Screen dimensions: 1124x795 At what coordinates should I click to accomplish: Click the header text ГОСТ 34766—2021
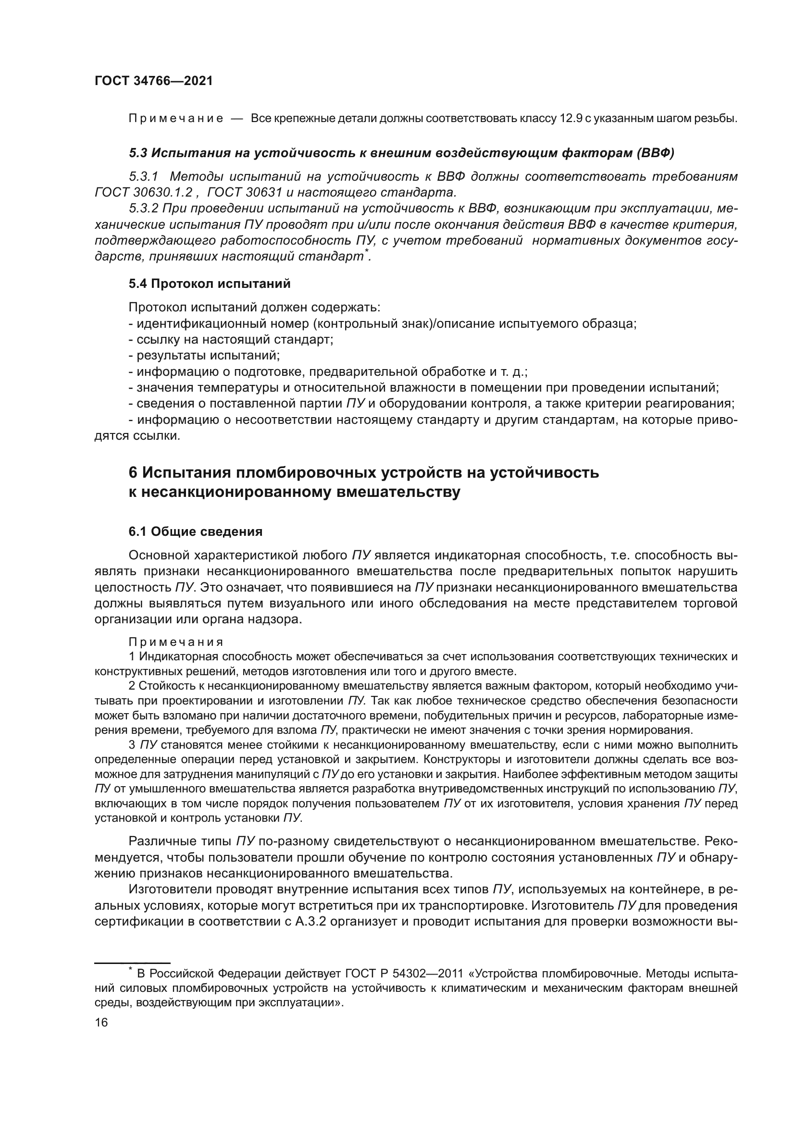pyautogui.click(x=154, y=81)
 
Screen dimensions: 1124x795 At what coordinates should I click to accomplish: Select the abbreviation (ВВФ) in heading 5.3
pyautogui.click(x=656, y=153)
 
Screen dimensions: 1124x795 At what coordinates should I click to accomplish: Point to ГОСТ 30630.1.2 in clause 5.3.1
pyautogui.click(x=143, y=192)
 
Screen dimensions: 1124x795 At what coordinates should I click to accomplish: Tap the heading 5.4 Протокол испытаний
pyautogui.click(x=210, y=284)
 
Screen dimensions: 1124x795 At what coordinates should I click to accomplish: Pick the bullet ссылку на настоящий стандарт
pyautogui.click(x=231, y=339)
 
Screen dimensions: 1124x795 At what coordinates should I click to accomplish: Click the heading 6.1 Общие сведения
pyautogui.click(x=195, y=531)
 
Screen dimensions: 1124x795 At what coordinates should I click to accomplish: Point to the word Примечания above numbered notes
pyautogui.click(x=176, y=642)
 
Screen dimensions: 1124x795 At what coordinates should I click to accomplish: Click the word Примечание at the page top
pyautogui.click(x=176, y=119)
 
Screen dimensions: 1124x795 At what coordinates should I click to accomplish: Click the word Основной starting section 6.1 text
pyautogui.click(x=159, y=556)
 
